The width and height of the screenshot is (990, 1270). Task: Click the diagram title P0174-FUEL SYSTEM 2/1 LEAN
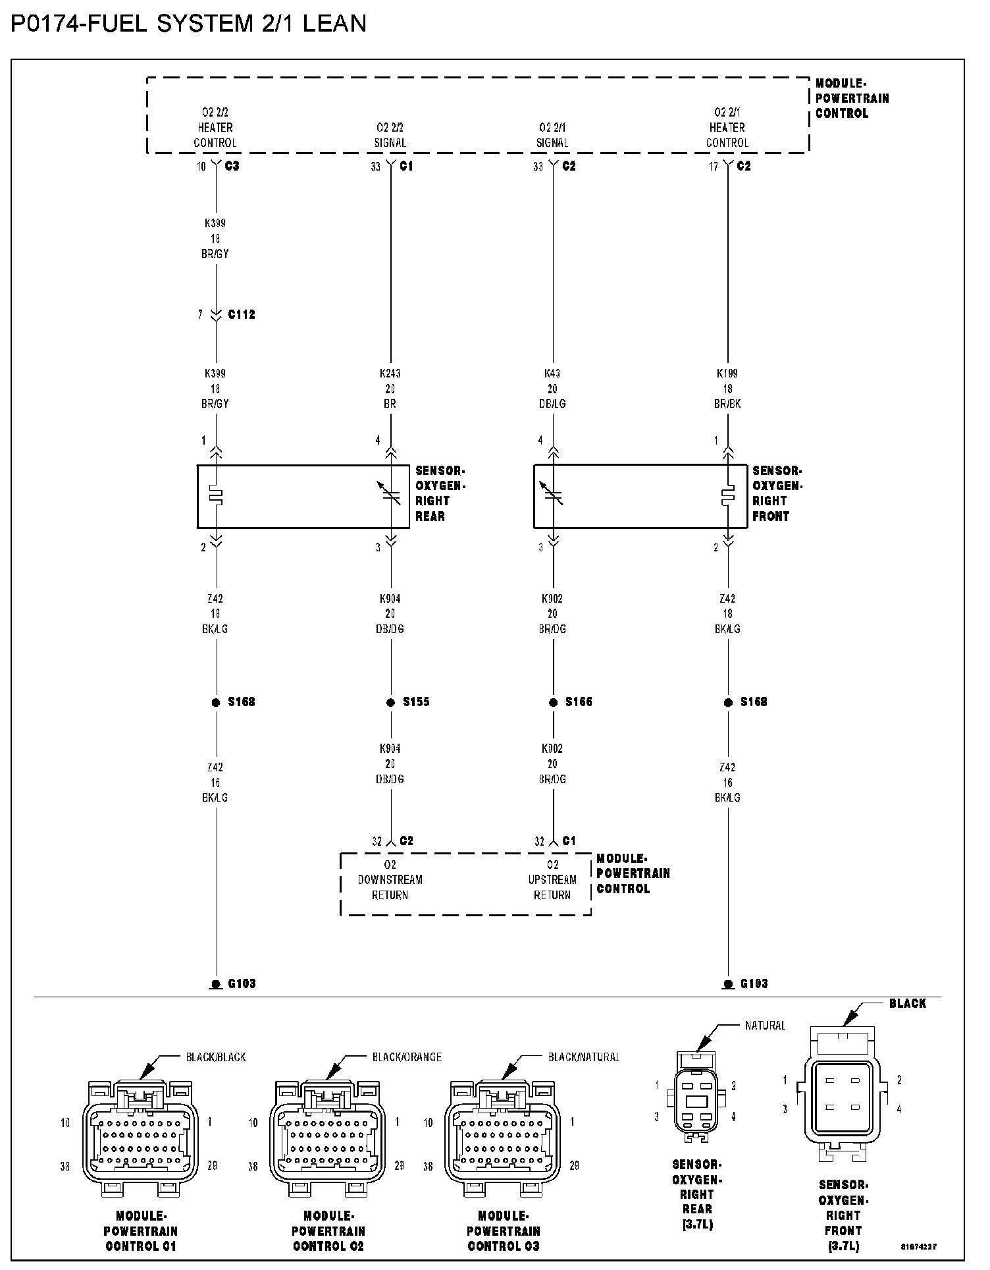click(188, 24)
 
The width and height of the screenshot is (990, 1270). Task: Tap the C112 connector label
click(241, 315)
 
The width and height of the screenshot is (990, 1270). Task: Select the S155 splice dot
click(390, 702)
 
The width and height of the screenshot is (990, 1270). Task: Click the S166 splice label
click(579, 702)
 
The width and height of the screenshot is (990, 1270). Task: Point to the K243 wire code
click(390, 373)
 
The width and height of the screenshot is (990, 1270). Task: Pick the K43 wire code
click(552, 373)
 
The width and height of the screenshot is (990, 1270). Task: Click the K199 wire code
click(727, 373)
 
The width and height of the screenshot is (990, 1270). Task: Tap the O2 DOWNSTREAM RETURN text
click(390, 880)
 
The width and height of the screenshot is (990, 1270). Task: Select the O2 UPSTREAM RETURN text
click(552, 880)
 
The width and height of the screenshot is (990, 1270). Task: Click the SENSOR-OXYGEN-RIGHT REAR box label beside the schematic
click(440, 494)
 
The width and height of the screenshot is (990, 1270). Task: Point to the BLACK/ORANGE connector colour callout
click(407, 1057)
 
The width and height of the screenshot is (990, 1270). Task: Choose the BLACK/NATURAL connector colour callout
click(584, 1057)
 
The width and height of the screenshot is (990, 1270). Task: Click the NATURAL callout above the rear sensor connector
click(765, 1026)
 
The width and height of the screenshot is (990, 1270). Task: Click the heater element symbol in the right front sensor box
click(727, 496)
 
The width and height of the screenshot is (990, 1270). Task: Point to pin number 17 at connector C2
click(714, 167)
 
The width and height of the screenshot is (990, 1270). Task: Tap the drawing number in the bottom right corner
click(919, 1246)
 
